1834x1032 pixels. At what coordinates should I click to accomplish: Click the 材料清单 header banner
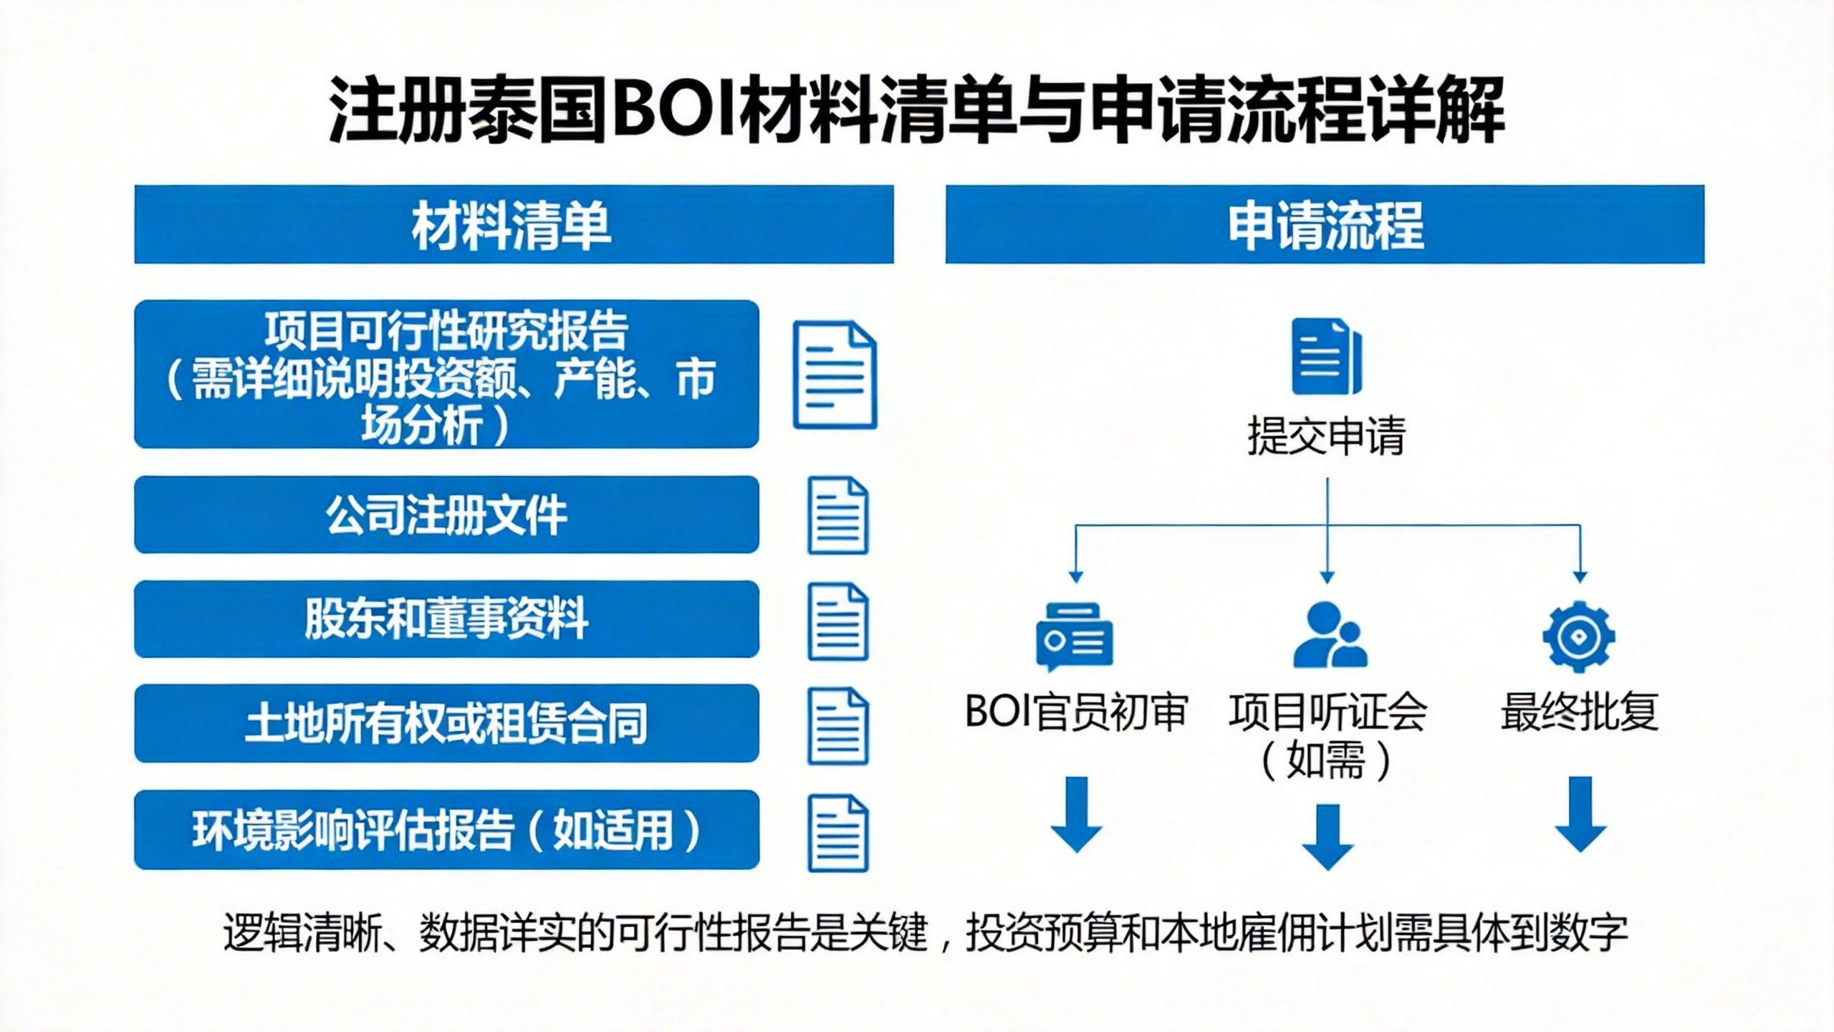point(514,224)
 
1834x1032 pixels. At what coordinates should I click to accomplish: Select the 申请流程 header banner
point(1325,224)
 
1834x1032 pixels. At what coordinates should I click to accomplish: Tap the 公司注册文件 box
point(446,515)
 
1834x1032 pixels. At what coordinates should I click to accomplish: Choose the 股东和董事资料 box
point(446,619)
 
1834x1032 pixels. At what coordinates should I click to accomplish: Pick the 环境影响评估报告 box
point(446,830)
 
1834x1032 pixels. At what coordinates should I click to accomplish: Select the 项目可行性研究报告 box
point(446,374)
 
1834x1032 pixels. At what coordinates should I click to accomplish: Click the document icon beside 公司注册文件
point(837,515)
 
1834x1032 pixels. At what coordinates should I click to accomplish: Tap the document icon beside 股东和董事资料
point(837,621)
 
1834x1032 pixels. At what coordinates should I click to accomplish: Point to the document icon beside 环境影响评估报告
point(837,833)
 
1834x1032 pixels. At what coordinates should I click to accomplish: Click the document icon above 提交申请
point(1326,356)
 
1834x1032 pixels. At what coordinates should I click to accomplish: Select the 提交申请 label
point(1327,435)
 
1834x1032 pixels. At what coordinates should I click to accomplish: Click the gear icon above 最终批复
point(1579,636)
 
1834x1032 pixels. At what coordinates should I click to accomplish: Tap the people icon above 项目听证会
point(1329,635)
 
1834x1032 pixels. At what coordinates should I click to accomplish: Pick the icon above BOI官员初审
point(1074,636)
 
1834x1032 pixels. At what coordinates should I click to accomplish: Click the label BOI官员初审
point(1076,712)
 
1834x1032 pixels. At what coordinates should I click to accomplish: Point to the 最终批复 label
point(1580,712)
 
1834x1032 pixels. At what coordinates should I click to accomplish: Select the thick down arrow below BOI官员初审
point(1076,814)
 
